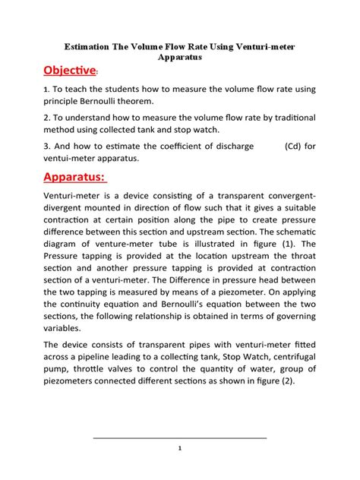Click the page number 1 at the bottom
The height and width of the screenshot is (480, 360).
point(180,448)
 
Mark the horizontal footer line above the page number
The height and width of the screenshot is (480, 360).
point(180,438)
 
